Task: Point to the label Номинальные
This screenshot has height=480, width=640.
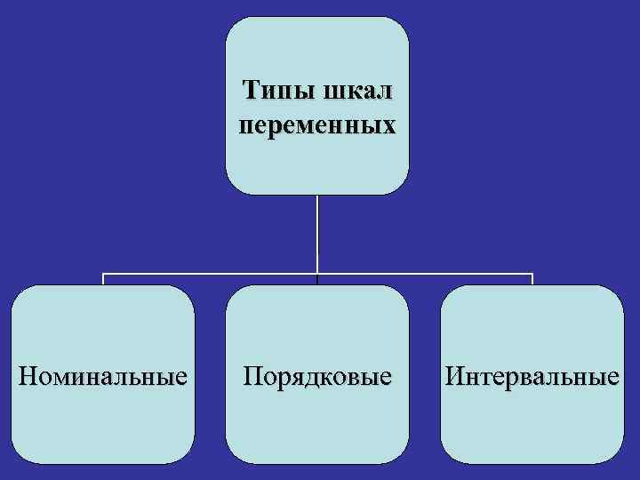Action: tap(103, 376)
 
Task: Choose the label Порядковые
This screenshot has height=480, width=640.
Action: tap(317, 376)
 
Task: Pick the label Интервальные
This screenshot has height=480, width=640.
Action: tap(532, 376)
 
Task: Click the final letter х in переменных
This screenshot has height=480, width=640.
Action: tap(388, 126)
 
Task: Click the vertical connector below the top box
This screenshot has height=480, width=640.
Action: tap(317, 231)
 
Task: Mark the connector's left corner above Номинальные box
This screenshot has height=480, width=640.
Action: tap(103, 274)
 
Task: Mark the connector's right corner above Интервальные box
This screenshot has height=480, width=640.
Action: tap(532, 274)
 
